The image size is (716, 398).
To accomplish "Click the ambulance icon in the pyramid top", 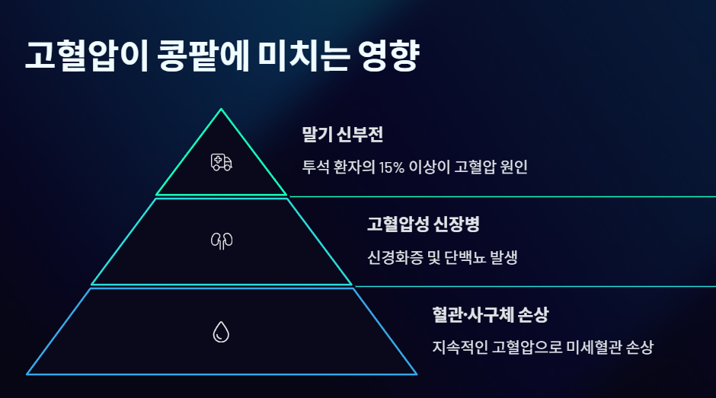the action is click(222, 162).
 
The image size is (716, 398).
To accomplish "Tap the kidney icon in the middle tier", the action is click(222, 241).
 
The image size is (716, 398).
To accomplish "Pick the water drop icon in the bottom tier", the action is click(222, 332).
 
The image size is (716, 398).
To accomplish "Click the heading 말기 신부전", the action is click(342, 135).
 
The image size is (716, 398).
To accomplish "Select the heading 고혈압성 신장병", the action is click(423, 224).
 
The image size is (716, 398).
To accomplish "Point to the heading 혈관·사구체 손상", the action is click(490, 314).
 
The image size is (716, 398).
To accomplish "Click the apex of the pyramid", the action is click(222, 110).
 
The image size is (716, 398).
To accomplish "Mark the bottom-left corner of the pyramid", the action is click(27, 374).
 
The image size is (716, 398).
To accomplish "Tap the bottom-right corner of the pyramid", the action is click(417, 374).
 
